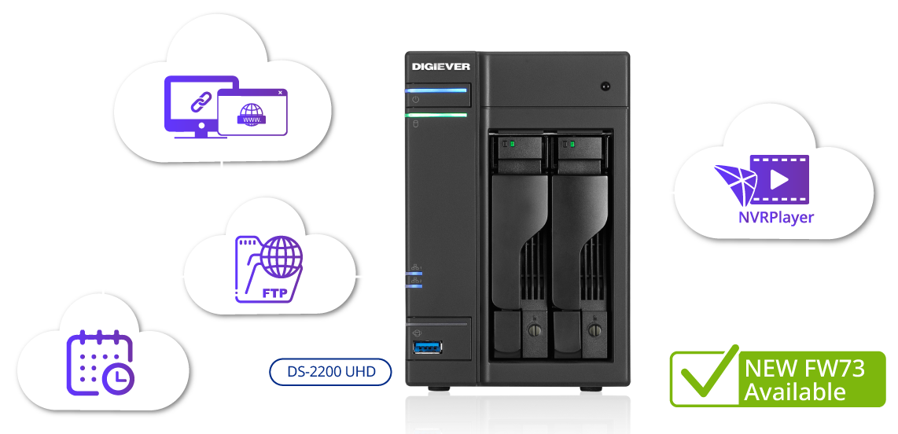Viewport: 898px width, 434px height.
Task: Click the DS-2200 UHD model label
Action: (330, 372)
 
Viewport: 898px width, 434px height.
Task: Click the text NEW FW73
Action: (804, 368)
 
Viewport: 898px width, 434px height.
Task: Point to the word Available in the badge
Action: (795, 391)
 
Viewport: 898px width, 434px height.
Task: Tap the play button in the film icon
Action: (779, 180)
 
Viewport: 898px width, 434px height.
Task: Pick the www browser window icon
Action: (252, 112)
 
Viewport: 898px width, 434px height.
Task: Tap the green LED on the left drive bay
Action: (510, 144)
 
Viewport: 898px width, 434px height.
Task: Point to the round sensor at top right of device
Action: (605, 86)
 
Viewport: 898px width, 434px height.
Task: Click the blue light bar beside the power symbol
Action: (437, 90)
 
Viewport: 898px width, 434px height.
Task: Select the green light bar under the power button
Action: (437, 116)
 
